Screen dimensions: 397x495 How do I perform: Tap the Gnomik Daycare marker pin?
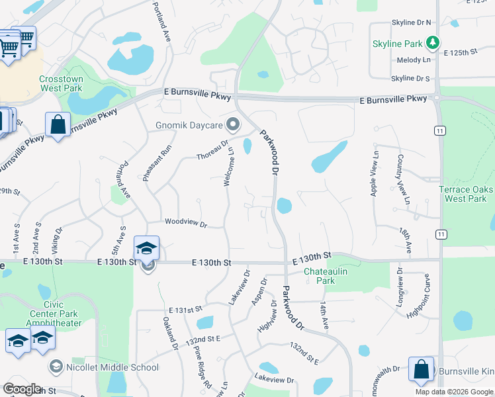[x=232, y=124]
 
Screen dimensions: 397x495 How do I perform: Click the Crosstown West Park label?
[x=61, y=83]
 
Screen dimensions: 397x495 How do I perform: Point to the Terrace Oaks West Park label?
[x=467, y=194]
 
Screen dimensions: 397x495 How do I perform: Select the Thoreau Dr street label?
[x=212, y=149]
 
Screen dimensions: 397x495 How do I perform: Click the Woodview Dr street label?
[x=186, y=223]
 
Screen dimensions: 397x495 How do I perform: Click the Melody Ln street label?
[x=414, y=60]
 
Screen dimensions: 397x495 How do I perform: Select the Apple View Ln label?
[x=375, y=173]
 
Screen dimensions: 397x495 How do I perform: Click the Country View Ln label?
[x=403, y=179]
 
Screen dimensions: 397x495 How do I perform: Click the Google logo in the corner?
[x=21, y=389]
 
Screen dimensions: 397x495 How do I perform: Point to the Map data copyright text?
[x=455, y=391]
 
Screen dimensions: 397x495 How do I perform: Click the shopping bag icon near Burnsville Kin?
[x=422, y=371]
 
